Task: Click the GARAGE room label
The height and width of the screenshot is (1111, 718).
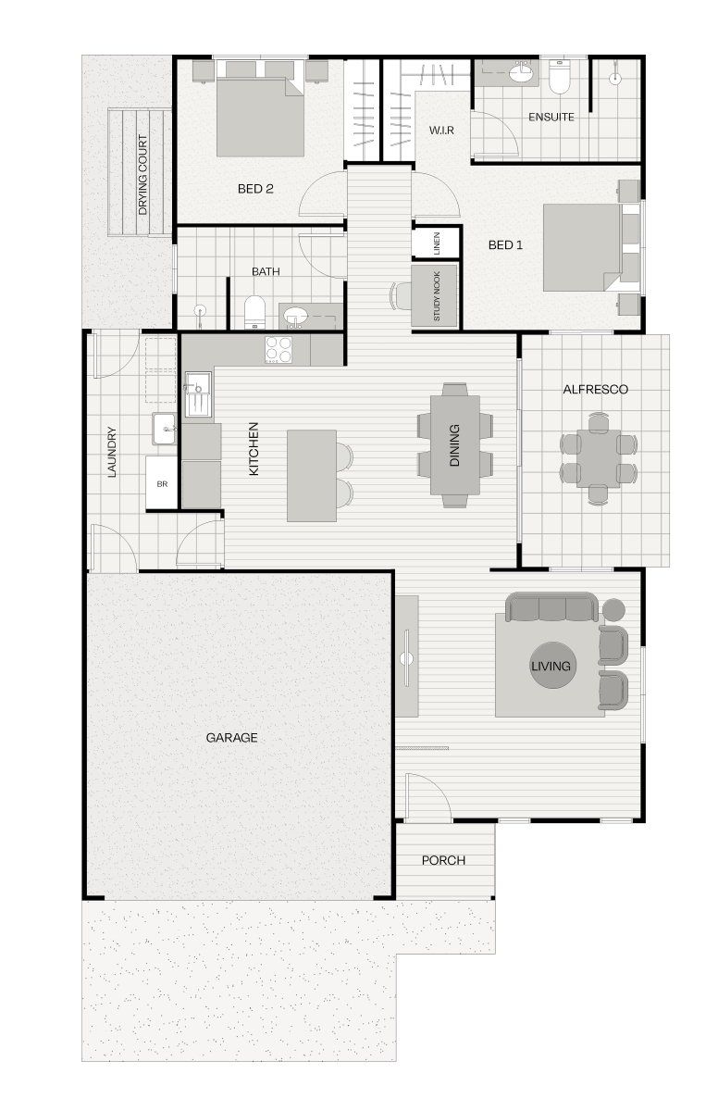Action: [x=231, y=738]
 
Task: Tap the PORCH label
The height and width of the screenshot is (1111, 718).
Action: [x=443, y=860]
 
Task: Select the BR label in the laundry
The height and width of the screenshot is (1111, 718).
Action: [x=162, y=483]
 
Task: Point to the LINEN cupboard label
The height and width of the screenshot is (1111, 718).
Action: [x=437, y=243]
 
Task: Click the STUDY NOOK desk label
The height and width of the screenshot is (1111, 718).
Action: [x=437, y=296]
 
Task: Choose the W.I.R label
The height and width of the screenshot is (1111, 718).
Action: [x=441, y=130]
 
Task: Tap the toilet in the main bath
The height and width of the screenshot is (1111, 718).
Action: [x=254, y=313]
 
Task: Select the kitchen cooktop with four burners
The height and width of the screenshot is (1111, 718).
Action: [x=279, y=350]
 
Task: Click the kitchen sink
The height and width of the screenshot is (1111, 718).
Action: [x=198, y=394]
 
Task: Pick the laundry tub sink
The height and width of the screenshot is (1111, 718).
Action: [x=164, y=429]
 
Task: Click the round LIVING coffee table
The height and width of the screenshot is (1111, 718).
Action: [x=551, y=665]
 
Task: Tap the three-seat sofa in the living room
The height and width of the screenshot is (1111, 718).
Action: [x=552, y=607]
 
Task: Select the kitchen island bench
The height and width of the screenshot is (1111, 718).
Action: [x=312, y=476]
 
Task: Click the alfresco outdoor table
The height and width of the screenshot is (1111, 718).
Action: [x=599, y=459]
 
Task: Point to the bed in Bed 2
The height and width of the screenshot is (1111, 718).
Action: [x=260, y=108]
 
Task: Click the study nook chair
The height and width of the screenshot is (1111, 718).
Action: [x=401, y=296]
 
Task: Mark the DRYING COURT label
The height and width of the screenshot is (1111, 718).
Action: [x=142, y=175]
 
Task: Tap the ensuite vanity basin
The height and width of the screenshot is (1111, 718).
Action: [x=521, y=73]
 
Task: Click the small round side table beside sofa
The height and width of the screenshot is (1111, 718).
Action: [x=613, y=609]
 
